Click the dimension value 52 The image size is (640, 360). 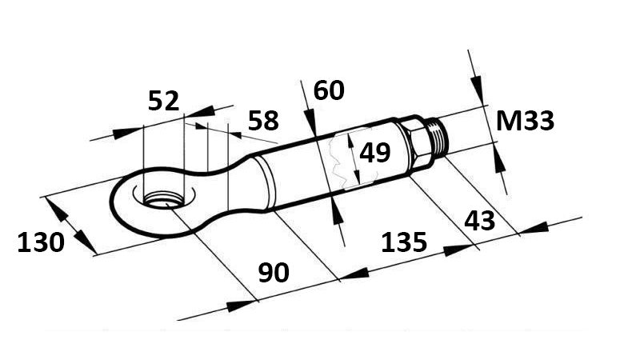164,101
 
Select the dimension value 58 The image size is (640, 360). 263,121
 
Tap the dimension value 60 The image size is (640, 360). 329,90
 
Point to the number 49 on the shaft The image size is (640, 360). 374,153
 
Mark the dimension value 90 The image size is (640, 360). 274,273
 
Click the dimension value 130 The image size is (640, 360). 41,242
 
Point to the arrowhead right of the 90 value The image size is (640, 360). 356,274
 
